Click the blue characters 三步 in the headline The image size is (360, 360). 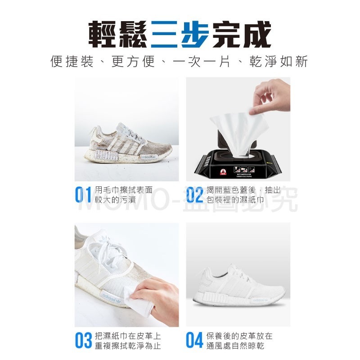tap(180, 34)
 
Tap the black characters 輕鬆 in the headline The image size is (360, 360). tap(118, 34)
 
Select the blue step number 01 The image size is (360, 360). tap(84, 195)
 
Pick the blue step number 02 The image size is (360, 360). tap(195, 195)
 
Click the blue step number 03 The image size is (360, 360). tap(84, 341)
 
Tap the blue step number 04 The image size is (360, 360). tap(195, 341)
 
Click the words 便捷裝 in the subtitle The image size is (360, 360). tap(72, 62)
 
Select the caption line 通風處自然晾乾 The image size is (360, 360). tap(235, 346)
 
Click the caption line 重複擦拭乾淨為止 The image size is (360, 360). tap(128, 346)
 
